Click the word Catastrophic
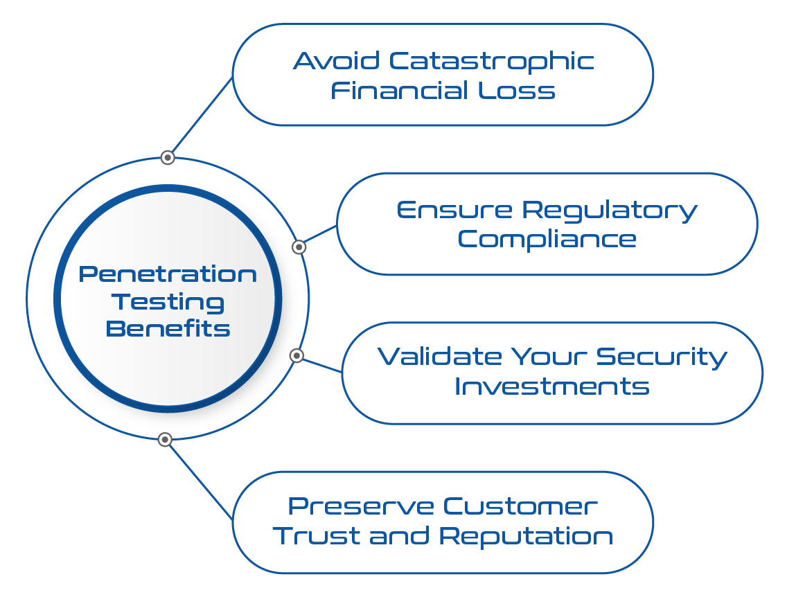[491, 61]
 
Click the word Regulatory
[610, 210]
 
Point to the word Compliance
[547, 240]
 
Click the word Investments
[552, 386]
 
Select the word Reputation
[527, 536]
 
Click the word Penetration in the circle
[168, 274]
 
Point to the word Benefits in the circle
[168, 328]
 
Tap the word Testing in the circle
[168, 301]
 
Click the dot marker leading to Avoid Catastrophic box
[167, 157]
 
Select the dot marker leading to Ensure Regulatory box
[299, 247]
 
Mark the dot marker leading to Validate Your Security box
[297, 355]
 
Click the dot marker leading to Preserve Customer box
[164, 439]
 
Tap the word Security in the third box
[662, 357]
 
